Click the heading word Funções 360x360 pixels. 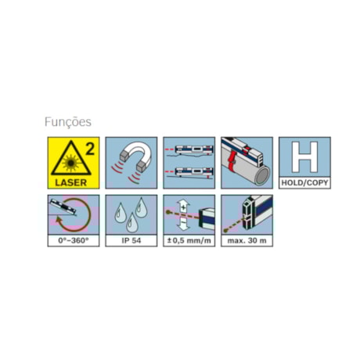[x=69, y=122]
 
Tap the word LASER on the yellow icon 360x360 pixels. [x=69, y=182]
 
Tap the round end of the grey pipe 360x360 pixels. [x=264, y=174]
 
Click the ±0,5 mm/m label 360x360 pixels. [x=189, y=240]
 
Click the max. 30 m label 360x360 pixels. [x=247, y=240]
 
